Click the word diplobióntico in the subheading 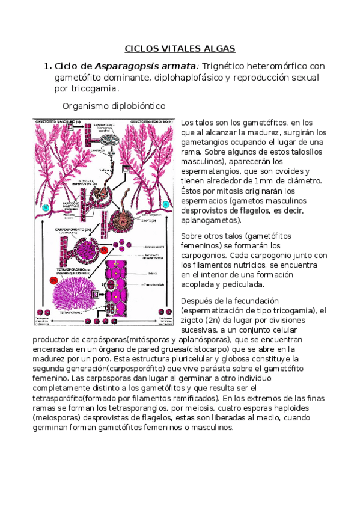pos(136,106)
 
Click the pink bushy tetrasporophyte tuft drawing pos(78,289)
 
